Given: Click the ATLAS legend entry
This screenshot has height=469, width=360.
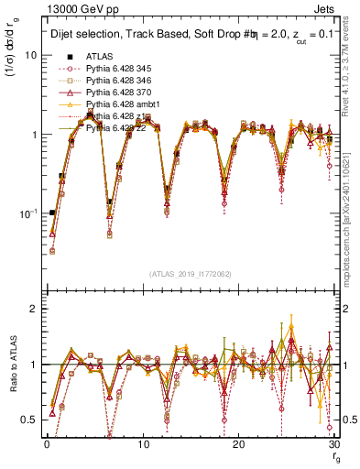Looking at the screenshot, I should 99,57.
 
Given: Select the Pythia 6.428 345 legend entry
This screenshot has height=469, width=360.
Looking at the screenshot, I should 117,69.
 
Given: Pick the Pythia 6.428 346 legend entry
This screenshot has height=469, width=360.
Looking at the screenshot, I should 117,81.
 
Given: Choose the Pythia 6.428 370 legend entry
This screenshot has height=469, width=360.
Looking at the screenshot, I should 117,93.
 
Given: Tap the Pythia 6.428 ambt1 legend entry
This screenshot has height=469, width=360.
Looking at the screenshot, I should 119,104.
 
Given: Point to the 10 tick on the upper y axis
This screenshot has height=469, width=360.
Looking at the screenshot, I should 29,55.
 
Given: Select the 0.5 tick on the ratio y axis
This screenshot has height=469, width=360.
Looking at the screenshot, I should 27,420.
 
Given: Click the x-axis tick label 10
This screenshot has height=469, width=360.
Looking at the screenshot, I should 142,444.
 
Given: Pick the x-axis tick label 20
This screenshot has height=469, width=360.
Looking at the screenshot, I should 238,444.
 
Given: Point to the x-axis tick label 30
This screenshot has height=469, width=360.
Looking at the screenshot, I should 333,444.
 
